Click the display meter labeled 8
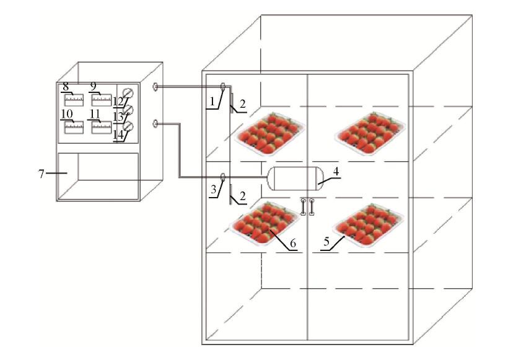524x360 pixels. [x=74, y=99]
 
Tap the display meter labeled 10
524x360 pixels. [x=74, y=126]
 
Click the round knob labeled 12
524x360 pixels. [x=129, y=93]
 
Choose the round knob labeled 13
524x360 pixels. [x=129, y=110]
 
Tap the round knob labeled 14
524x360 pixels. [x=129, y=127]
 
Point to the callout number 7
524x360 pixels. [x=41, y=173]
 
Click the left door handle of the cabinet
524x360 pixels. [x=303, y=206]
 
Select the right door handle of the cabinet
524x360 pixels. [x=312, y=206]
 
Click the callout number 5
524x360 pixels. [x=326, y=243]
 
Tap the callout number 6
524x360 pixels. [x=293, y=243]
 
